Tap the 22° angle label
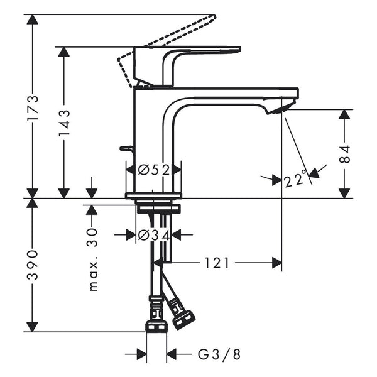[297, 180]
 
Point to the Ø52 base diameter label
[154, 170]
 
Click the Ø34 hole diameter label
[154, 235]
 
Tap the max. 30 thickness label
[93, 258]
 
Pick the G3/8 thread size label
[219, 355]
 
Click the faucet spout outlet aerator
[277, 111]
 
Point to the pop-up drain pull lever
[128, 149]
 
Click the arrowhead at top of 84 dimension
[344, 116]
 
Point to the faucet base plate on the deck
[154, 195]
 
